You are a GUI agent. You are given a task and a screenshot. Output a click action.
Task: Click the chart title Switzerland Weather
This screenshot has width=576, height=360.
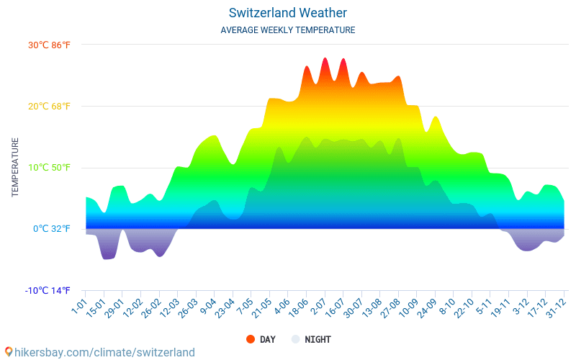288,13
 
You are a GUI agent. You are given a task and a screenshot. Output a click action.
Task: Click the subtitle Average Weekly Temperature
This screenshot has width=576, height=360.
288,30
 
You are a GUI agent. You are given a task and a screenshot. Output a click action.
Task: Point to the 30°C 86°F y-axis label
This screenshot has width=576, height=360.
50,45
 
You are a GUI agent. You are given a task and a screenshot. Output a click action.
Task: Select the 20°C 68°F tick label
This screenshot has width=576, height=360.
50,107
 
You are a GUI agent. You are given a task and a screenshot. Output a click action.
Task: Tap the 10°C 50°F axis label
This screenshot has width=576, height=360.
50,168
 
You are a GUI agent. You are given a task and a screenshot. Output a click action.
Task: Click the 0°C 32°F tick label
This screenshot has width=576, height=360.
52,229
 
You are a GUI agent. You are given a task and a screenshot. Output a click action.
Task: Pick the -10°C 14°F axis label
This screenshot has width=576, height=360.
48,291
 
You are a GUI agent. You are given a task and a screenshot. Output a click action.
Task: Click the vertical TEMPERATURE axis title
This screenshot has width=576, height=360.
15,168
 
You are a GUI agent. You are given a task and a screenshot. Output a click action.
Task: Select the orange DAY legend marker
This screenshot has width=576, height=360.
251,339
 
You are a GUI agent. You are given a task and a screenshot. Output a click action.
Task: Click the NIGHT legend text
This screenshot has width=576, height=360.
318,339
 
